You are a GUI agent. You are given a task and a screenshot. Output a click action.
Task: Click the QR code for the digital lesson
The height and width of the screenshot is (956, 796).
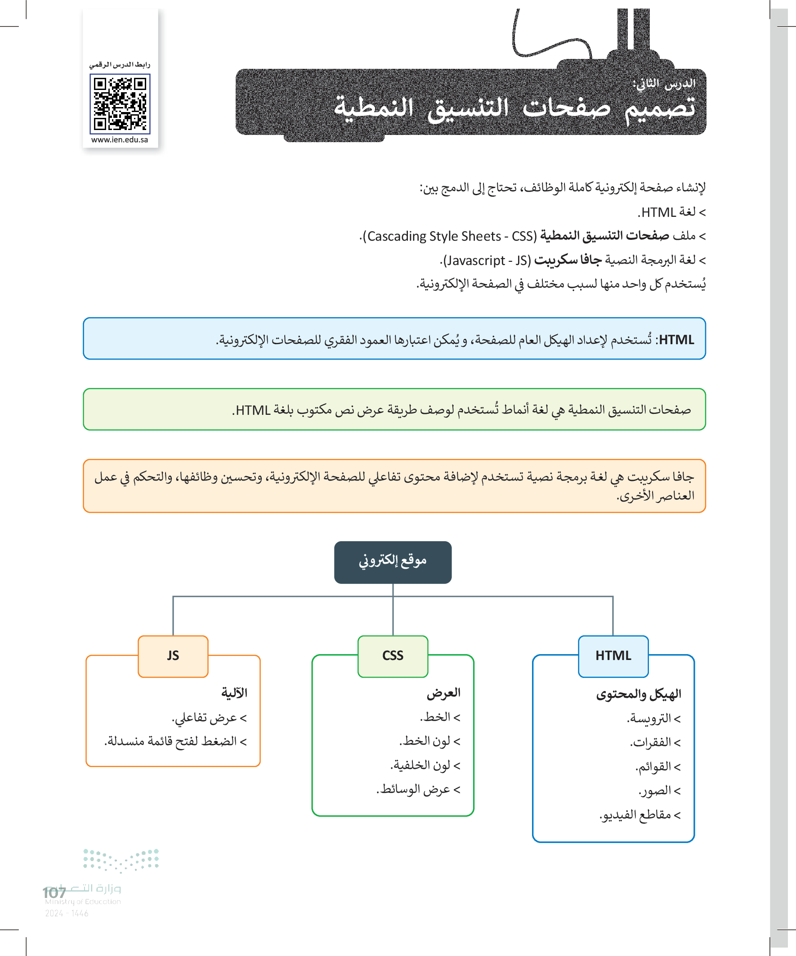point(120,104)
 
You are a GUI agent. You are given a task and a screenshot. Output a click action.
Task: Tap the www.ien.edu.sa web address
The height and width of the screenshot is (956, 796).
point(120,140)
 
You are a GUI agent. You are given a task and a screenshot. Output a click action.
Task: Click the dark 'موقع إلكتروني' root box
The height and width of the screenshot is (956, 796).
point(393,562)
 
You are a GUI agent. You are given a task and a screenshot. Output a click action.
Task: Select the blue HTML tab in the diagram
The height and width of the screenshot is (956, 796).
point(613,655)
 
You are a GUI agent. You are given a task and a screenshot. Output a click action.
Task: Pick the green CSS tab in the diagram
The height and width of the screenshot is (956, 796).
point(393,655)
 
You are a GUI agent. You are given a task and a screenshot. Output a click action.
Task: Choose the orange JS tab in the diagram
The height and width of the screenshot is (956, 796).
point(173,655)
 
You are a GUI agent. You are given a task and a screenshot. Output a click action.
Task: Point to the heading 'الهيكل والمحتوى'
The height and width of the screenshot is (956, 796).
point(639,694)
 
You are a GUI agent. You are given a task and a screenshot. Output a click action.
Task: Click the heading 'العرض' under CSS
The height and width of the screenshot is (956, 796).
point(443,693)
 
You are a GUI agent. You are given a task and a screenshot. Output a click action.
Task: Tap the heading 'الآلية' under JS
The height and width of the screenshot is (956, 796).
point(234,693)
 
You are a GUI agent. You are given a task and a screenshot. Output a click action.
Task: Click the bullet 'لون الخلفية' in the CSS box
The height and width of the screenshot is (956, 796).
point(425,765)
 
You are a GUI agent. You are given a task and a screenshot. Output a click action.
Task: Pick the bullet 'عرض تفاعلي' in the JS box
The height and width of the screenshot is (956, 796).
point(210,718)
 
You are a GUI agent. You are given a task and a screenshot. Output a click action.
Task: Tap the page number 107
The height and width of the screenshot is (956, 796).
point(54,893)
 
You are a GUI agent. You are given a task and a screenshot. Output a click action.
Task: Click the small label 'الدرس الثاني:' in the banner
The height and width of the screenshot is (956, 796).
point(664,84)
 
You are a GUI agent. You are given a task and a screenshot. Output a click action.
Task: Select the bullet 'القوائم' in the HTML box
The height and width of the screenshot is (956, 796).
point(657,767)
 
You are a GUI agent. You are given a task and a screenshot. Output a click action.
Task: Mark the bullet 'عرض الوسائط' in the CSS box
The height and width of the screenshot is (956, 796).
point(419,790)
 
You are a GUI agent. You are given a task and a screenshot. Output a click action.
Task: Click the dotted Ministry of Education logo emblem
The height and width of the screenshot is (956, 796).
point(121,860)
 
